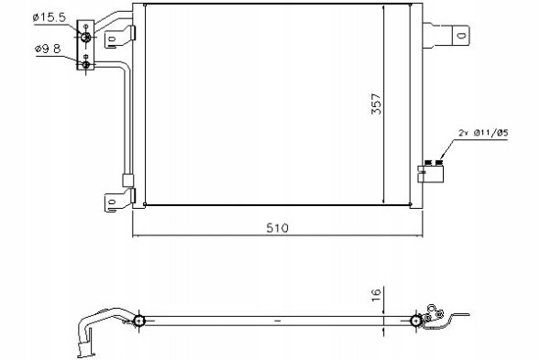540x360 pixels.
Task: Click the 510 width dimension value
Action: tap(277, 228)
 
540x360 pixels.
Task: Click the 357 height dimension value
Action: tap(377, 104)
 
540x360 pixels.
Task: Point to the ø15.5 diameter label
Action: tap(50, 17)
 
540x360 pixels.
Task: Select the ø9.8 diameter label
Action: tap(48, 49)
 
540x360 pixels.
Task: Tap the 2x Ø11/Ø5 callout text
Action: tap(483, 133)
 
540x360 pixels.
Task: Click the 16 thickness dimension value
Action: tap(377, 295)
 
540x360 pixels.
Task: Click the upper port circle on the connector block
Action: tap(86, 37)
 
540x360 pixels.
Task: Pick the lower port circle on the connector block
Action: tap(86, 64)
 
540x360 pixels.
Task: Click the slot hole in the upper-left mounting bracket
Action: tap(112, 38)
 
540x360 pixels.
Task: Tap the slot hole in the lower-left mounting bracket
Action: tap(112, 202)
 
